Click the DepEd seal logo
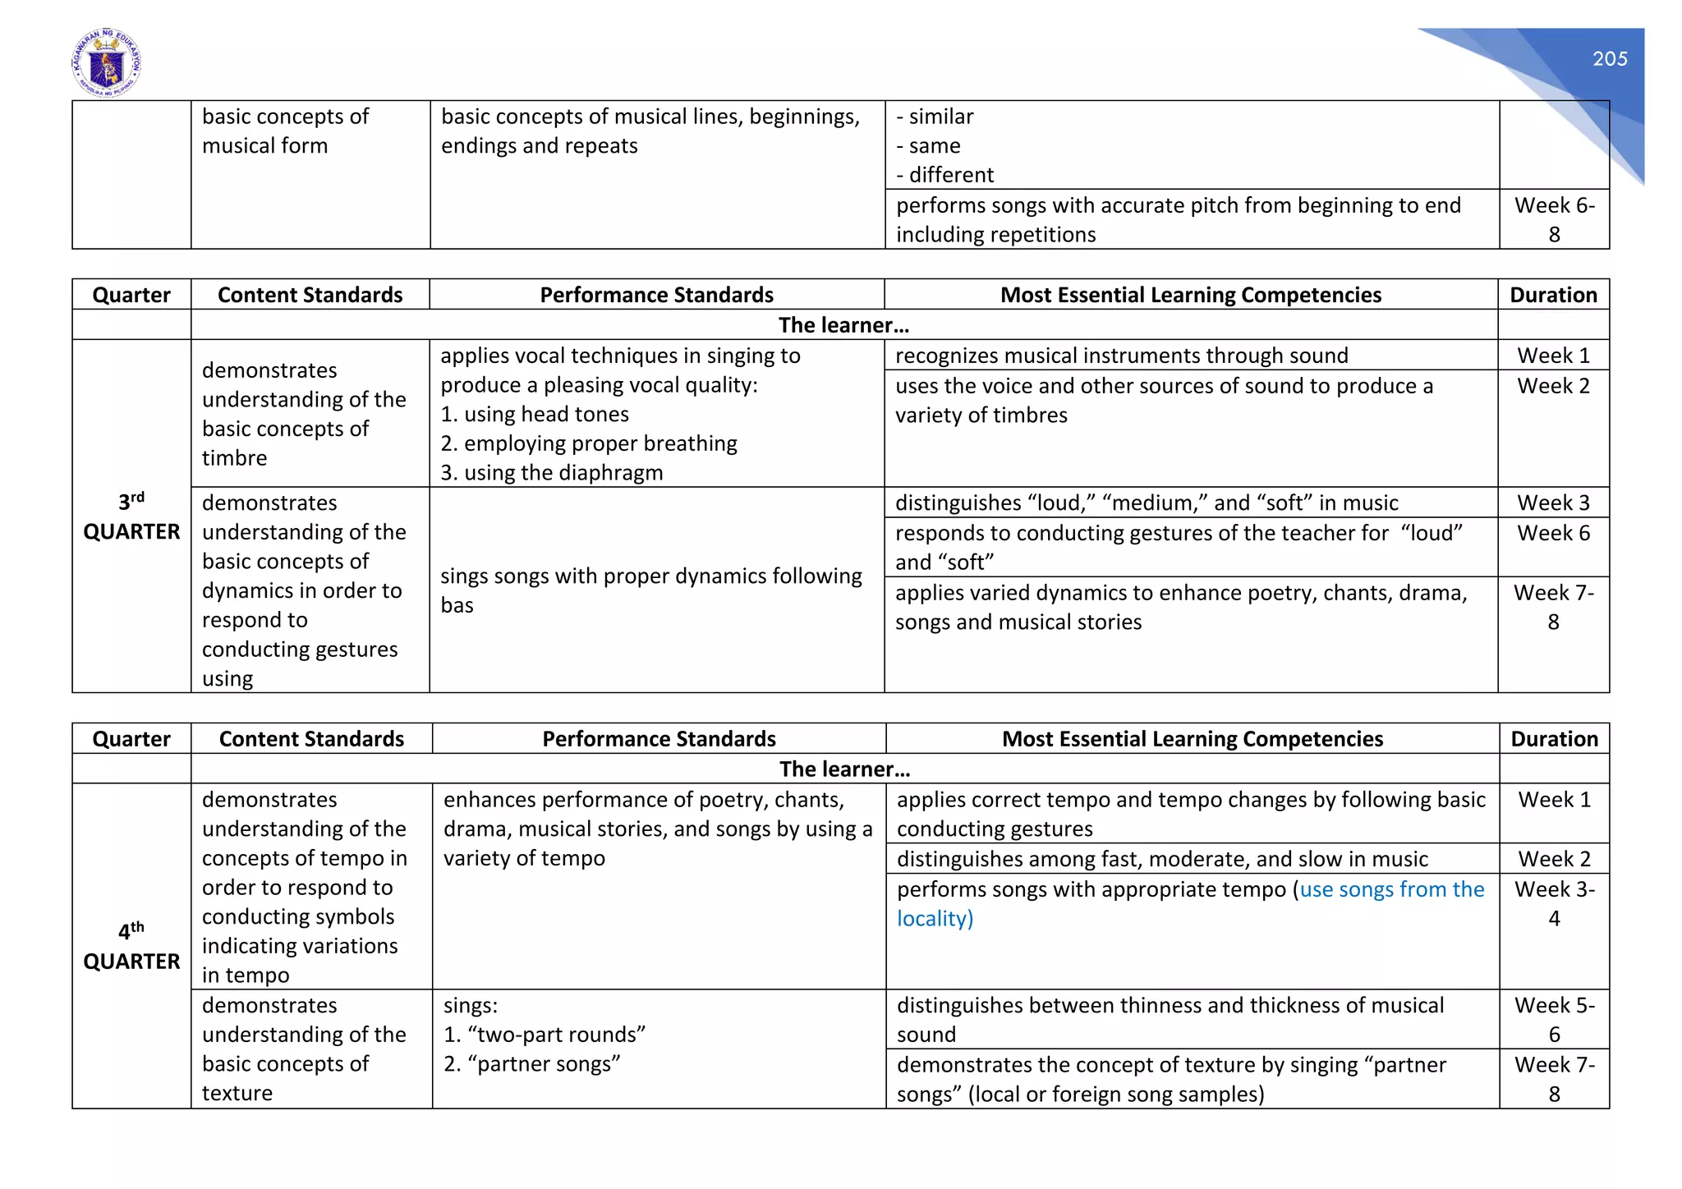click(x=106, y=64)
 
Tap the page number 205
click(x=1609, y=59)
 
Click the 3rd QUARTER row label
click(x=131, y=516)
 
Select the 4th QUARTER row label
click(x=131, y=946)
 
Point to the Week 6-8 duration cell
click(x=1554, y=219)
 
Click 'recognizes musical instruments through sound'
click(x=1121, y=356)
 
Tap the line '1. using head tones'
click(x=535, y=415)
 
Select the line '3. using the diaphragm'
click(x=551, y=473)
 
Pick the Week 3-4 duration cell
click(x=1554, y=903)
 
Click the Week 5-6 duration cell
click(x=1554, y=1019)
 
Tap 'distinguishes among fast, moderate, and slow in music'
click(x=1161, y=859)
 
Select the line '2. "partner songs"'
click(x=531, y=1064)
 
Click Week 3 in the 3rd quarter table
click(x=1553, y=503)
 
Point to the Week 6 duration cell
click(x=1553, y=533)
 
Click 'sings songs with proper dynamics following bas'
click(x=650, y=590)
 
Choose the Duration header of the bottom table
click(x=1554, y=739)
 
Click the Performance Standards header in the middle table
click(x=656, y=295)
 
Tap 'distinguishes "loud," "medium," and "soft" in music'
click(x=1147, y=503)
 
